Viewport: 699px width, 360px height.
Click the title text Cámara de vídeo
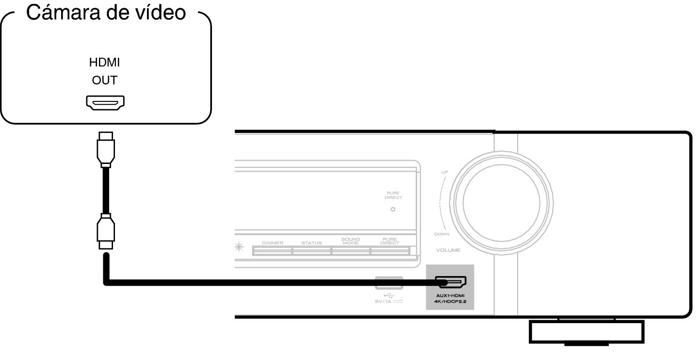click(106, 13)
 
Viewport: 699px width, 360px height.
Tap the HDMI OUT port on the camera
click(105, 103)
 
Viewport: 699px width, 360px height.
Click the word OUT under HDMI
click(105, 80)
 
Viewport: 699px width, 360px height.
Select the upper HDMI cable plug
click(106, 149)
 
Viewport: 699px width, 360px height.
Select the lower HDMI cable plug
click(106, 231)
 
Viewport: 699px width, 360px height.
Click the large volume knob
click(502, 203)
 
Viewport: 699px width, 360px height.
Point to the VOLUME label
click(448, 250)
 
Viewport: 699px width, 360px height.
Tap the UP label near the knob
click(445, 172)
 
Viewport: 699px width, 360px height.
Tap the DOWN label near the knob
click(441, 234)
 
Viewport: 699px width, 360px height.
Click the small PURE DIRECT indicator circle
click(393, 209)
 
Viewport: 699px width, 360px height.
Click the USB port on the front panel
click(389, 283)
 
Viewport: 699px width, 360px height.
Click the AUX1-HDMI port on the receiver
click(451, 282)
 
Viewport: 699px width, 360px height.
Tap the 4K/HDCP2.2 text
click(450, 302)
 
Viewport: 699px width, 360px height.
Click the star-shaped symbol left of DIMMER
click(239, 247)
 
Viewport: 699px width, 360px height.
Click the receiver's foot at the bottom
click(586, 332)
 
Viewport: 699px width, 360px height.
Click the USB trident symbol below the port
click(389, 295)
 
